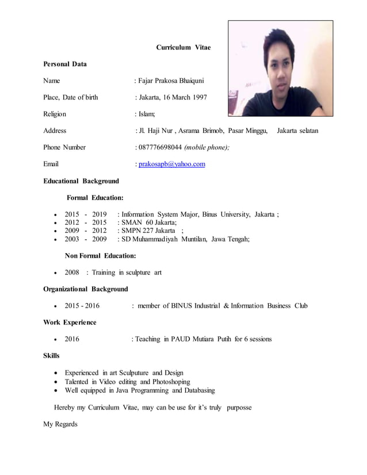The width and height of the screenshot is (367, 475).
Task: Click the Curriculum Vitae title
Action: tap(183, 47)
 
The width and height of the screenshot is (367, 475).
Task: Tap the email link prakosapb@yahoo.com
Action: tap(171, 164)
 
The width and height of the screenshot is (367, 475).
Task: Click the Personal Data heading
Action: tap(65, 64)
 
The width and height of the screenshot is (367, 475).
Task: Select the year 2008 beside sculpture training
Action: tap(72, 272)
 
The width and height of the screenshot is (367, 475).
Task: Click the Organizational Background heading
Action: tap(86, 289)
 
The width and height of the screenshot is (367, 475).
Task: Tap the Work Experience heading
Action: tap(70, 322)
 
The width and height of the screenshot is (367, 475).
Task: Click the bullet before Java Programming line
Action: tap(55, 390)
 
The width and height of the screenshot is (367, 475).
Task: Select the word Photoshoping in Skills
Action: tap(171, 381)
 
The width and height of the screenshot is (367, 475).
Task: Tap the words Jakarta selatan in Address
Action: tap(297, 131)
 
